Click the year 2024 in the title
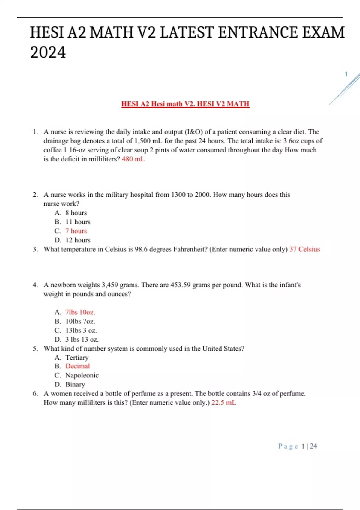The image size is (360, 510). pos(48,52)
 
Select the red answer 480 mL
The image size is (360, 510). pos(133,159)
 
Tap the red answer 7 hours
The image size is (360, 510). pos(76,231)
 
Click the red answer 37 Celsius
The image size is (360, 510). pos(304,249)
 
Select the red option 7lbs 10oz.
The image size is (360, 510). pos(80,312)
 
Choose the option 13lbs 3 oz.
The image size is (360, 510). pos(81,330)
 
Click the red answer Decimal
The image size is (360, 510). pos(77,366)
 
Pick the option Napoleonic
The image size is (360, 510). pos(82,375)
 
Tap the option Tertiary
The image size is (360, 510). pos(77,358)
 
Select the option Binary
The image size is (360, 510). pos(75,384)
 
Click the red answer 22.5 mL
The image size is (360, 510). pos(224,403)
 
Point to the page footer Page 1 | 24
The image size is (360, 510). pos(297,446)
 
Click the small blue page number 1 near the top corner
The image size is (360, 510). pos(346,74)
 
